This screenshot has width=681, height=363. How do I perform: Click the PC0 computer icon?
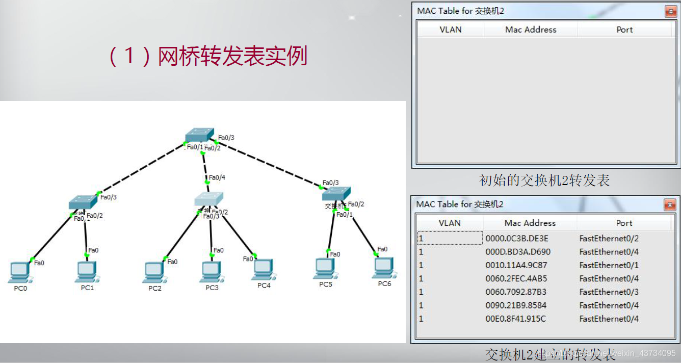pos(19,271)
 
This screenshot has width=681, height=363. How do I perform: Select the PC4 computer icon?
pos(263,269)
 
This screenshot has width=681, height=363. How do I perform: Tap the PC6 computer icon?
pos(383,267)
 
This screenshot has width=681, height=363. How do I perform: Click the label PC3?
pos(212,288)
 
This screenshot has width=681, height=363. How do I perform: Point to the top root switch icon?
pos(198,135)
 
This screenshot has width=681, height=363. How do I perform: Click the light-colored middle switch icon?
pos(209,199)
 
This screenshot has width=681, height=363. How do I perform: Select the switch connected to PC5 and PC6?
pos(336,194)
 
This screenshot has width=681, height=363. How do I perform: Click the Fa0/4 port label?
pos(217,177)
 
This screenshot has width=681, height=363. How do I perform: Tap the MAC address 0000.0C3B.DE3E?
pos(517,238)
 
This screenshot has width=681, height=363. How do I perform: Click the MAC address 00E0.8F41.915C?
pos(515,319)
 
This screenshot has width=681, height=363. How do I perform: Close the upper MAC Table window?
pos(670,11)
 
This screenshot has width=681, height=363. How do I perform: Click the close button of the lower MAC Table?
pos(669,205)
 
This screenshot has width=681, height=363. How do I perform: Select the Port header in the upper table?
pos(624,30)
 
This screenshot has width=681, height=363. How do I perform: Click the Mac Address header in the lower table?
pos(530,223)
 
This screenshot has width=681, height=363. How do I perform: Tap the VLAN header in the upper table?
pos(451,30)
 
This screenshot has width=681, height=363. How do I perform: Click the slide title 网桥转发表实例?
pos(232,56)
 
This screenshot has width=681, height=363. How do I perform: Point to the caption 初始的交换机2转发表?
pos(544,180)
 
